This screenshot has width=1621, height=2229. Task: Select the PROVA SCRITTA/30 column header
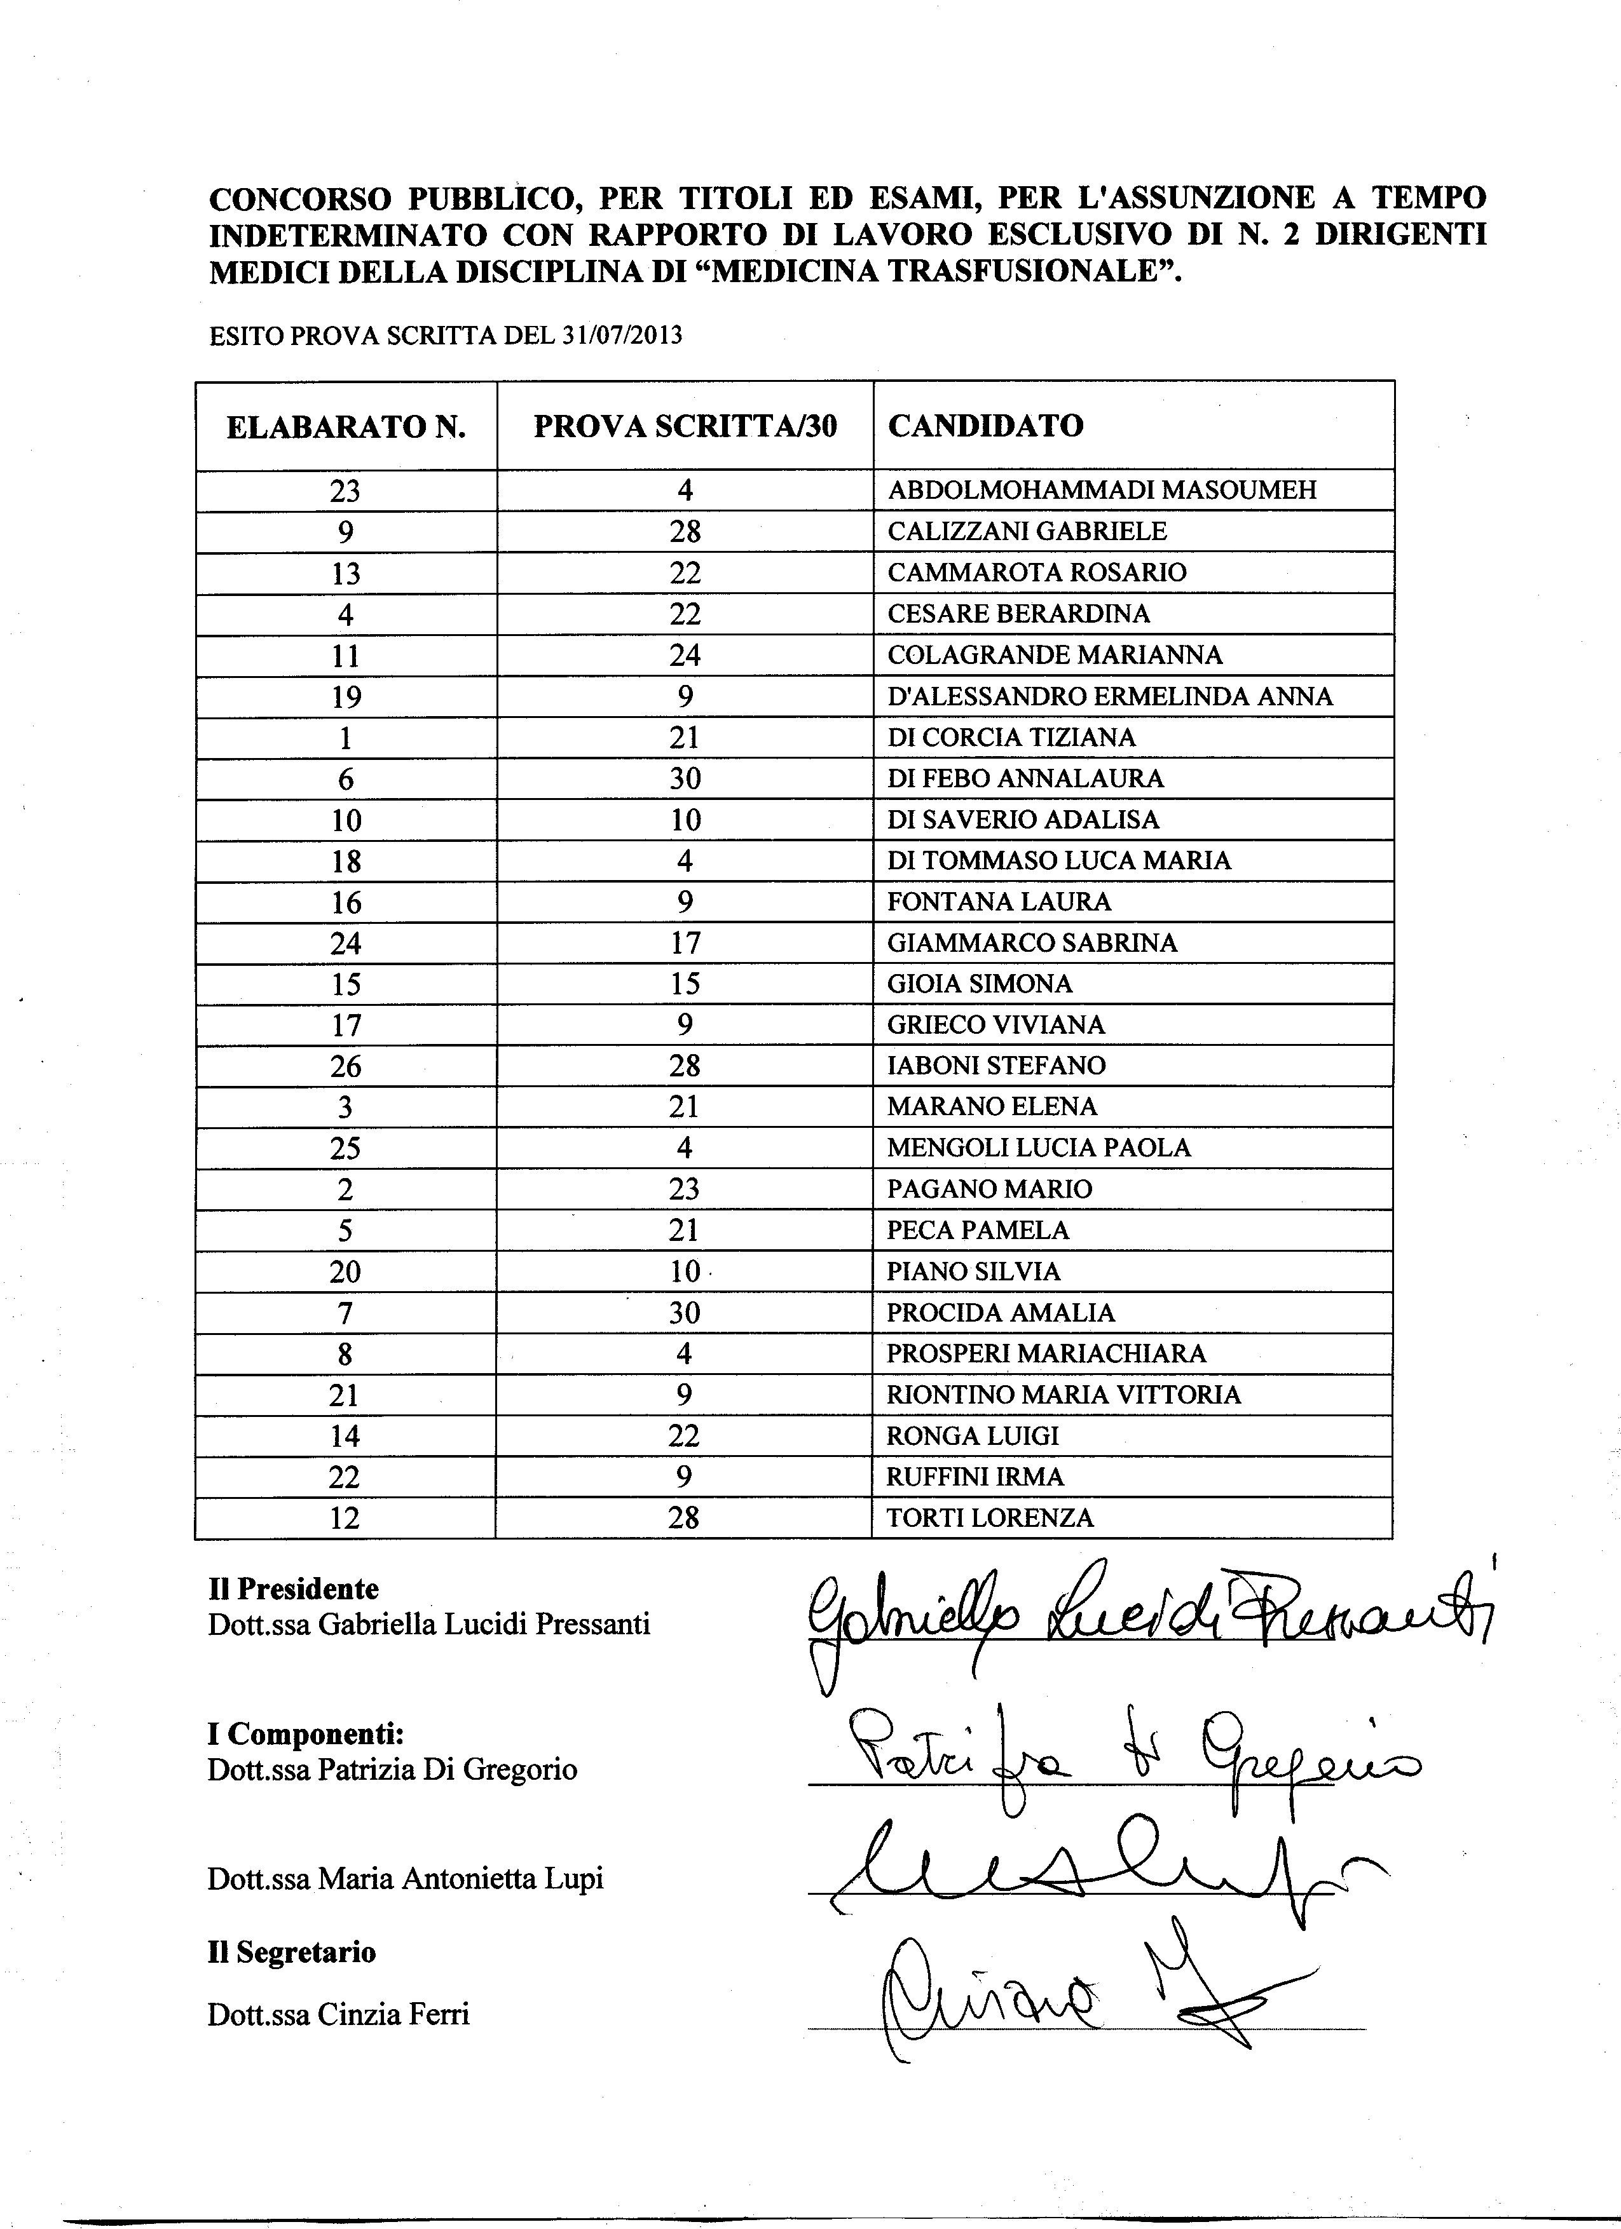[685, 426]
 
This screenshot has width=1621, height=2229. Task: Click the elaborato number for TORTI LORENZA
[345, 1519]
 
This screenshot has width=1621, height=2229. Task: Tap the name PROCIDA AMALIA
[1000, 1313]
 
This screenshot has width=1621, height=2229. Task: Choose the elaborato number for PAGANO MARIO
[345, 1190]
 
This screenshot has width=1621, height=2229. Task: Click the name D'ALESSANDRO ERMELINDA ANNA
[1110, 697]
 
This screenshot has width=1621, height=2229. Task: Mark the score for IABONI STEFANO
[685, 1066]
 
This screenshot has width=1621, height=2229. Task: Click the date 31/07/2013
[621, 336]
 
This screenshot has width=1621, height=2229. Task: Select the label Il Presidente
[293, 1589]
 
